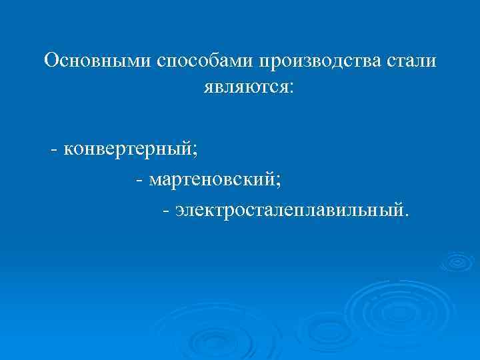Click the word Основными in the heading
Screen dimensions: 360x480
click(x=98, y=62)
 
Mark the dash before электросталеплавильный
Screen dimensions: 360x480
click(x=166, y=211)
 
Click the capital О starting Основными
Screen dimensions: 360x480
click(x=51, y=62)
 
